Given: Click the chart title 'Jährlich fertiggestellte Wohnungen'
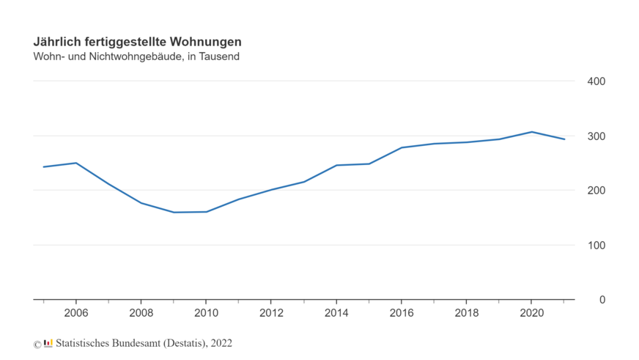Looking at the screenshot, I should (137, 42).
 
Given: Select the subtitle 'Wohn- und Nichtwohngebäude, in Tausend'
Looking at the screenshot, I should (136, 56).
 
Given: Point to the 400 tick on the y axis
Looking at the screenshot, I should (596, 81).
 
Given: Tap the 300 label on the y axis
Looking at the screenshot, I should (596, 136).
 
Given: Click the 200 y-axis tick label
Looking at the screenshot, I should (596, 191).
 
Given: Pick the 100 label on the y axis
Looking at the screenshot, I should (596, 245).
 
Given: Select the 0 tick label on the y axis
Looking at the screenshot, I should (602, 300).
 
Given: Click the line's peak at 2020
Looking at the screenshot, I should (532, 132).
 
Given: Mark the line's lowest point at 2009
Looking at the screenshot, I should (174, 213).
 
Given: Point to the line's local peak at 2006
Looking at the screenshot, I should (76, 163).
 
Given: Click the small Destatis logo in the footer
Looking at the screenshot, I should (48, 343).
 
